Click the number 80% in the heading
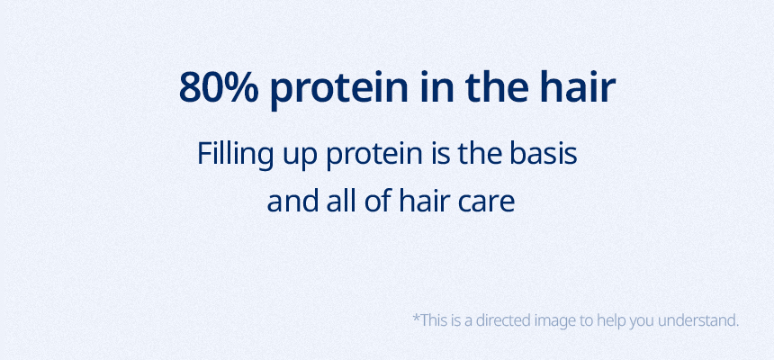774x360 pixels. coord(219,87)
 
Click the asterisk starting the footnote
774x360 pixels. coord(416,317)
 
